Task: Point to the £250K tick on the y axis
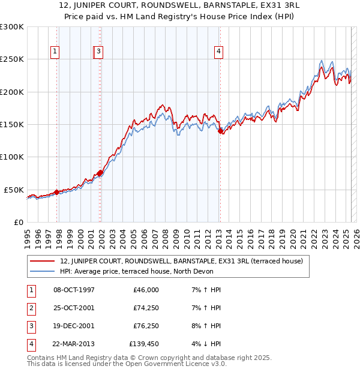(x=12, y=59)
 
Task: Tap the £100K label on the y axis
(x=12, y=157)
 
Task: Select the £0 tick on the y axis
(x=19, y=222)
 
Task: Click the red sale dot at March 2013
(x=220, y=131)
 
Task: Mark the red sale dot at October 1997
(x=56, y=192)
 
